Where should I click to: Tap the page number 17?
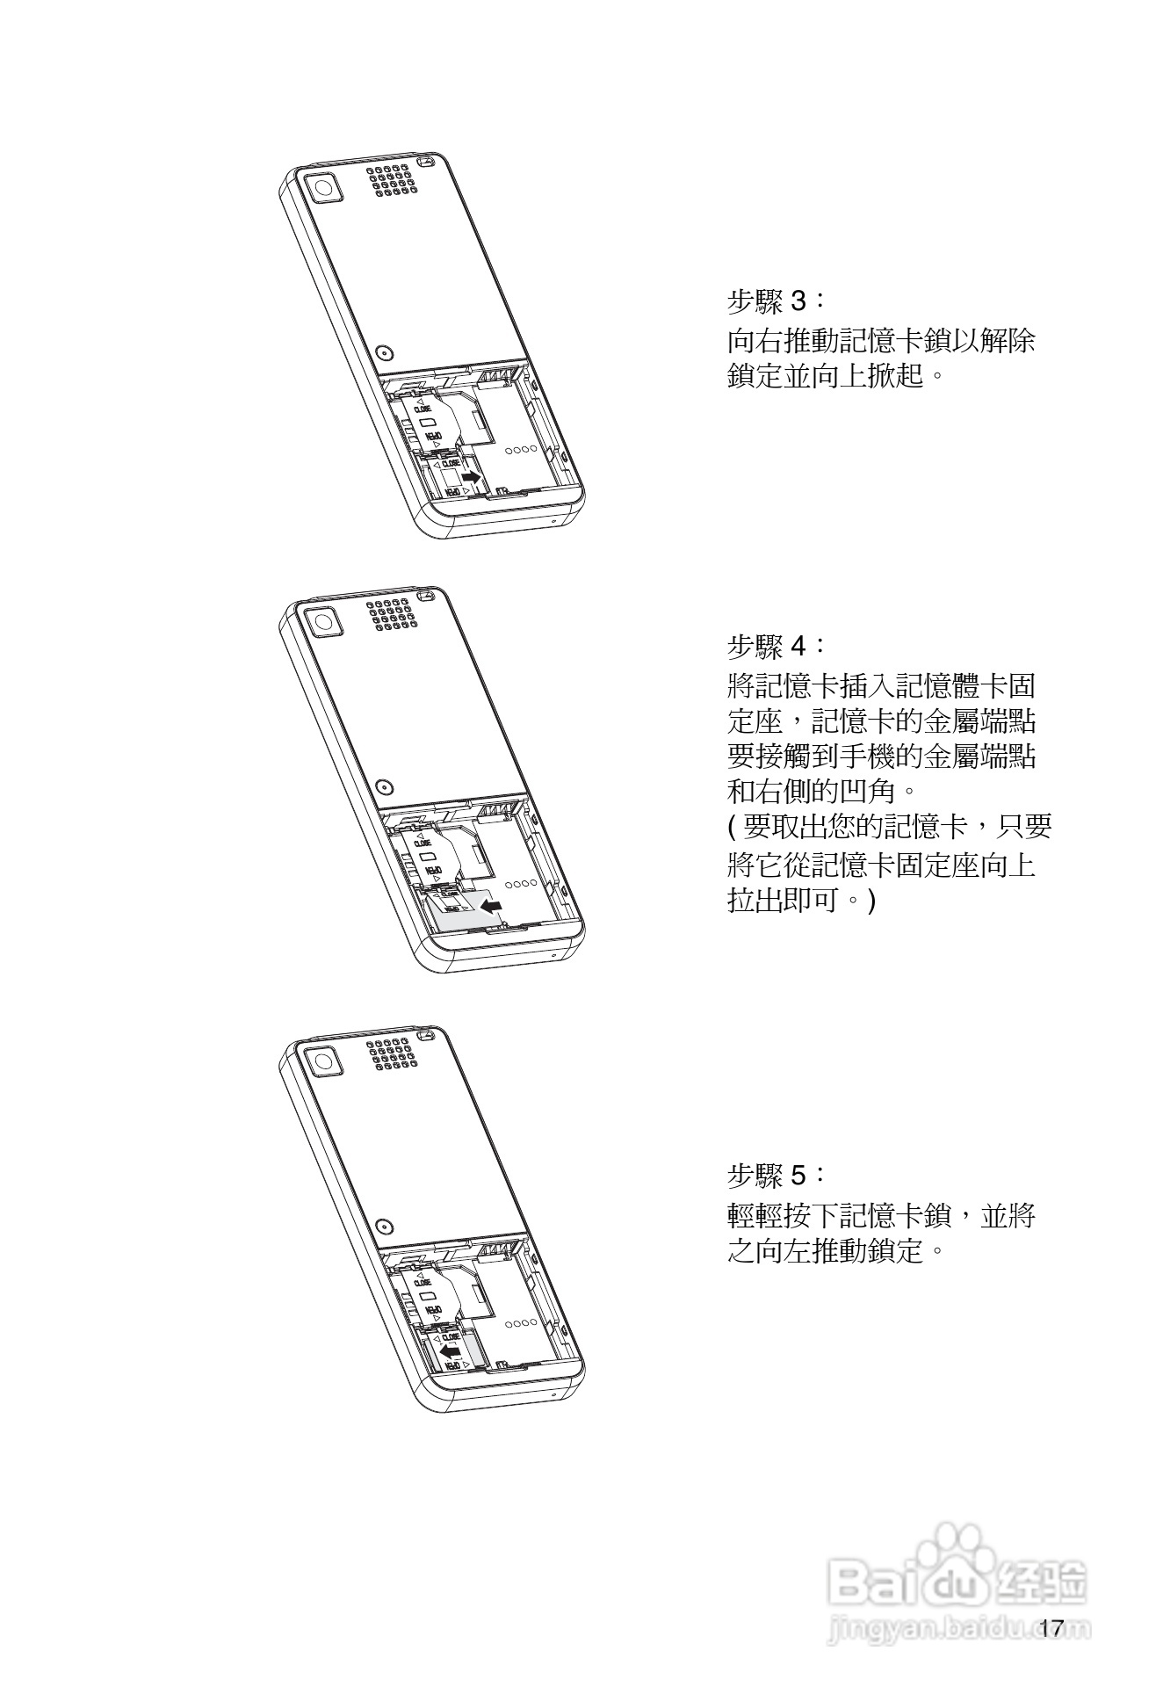pos(1051,1628)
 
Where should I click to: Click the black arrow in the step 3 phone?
pos(472,475)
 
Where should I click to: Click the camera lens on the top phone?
pos(323,188)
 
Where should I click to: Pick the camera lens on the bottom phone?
pos(323,1060)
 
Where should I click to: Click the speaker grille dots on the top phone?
pos(392,180)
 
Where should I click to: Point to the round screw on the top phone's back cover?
pos(384,352)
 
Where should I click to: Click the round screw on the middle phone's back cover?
pos(384,786)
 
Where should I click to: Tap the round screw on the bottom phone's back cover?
pos(384,1225)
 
